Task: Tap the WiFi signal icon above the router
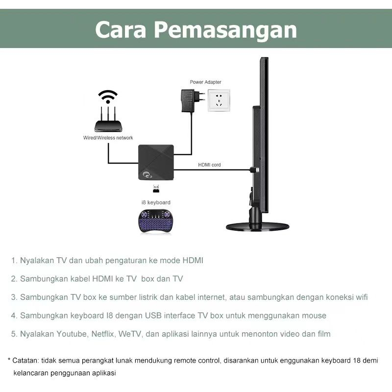tap(108, 97)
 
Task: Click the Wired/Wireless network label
tap(108, 138)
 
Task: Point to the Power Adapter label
tap(205, 82)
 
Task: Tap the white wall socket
tap(219, 100)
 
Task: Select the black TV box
tap(156, 162)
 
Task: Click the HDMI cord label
tap(209, 165)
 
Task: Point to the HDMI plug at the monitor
tap(255, 170)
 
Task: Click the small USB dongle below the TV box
tap(156, 189)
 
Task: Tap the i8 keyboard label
tap(156, 202)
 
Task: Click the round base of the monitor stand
tap(258, 227)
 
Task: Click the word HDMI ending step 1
tap(193, 261)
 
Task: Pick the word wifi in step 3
tap(361, 297)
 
